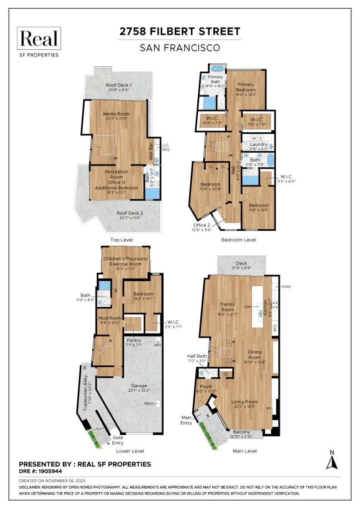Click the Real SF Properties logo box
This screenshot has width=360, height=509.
(38, 39)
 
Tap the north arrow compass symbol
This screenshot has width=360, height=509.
(332, 462)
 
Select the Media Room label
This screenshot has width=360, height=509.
(116, 114)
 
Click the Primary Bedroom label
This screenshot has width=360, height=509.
(245, 87)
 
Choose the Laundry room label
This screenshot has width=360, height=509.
(259, 144)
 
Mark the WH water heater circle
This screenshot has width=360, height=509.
(158, 339)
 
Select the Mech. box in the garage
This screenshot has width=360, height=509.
(157, 403)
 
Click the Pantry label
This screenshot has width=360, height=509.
(134, 340)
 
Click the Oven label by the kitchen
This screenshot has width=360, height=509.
(286, 286)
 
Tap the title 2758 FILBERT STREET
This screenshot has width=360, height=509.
(180, 32)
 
